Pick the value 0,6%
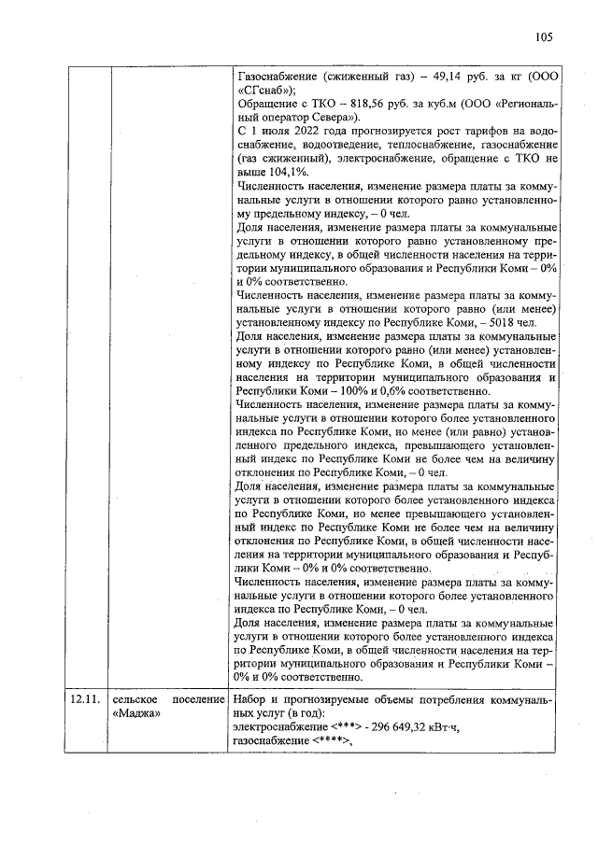pos(378,389)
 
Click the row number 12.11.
pos(85,700)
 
